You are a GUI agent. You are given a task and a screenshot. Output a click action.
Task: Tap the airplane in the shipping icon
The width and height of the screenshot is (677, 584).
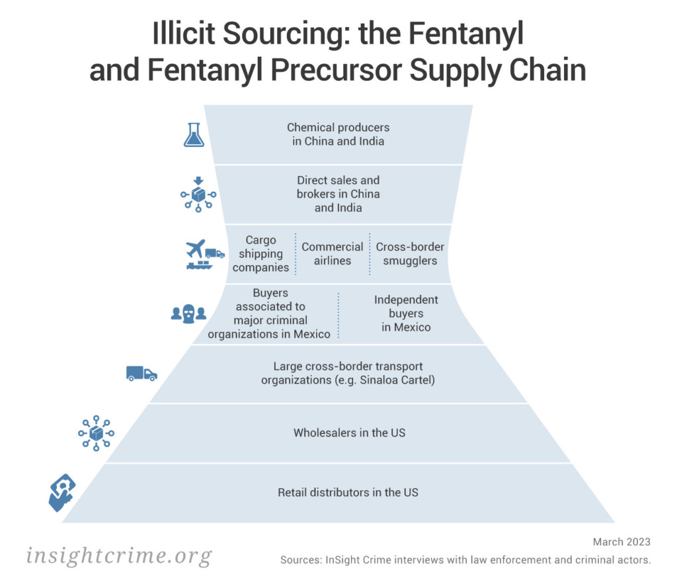196,249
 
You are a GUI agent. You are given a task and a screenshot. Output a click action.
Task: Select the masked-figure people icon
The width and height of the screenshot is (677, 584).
188,313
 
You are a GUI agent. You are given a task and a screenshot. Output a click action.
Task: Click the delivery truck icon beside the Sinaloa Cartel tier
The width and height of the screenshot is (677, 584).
141,373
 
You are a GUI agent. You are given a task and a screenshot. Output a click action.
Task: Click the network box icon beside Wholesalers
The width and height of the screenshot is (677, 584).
97,433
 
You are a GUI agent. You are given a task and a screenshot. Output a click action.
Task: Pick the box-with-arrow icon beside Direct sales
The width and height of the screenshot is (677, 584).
198,194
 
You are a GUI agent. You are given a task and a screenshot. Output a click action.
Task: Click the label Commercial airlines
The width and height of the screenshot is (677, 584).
333,253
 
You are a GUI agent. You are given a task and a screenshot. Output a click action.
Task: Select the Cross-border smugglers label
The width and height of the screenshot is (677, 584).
410,253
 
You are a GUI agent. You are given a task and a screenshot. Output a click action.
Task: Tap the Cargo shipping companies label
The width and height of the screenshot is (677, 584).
260,253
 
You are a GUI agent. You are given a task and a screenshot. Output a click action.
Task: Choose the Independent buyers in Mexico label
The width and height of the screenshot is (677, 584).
406,313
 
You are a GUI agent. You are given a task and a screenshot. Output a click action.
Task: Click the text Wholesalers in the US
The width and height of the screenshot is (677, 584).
349,433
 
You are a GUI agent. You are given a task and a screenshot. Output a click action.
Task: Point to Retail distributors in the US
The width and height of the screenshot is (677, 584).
348,492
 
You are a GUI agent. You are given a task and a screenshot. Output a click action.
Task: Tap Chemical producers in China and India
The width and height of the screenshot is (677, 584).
338,134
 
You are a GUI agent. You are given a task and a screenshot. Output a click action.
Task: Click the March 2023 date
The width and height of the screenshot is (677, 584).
621,542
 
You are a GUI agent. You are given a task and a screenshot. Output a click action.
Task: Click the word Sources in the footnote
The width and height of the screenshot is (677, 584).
301,560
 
